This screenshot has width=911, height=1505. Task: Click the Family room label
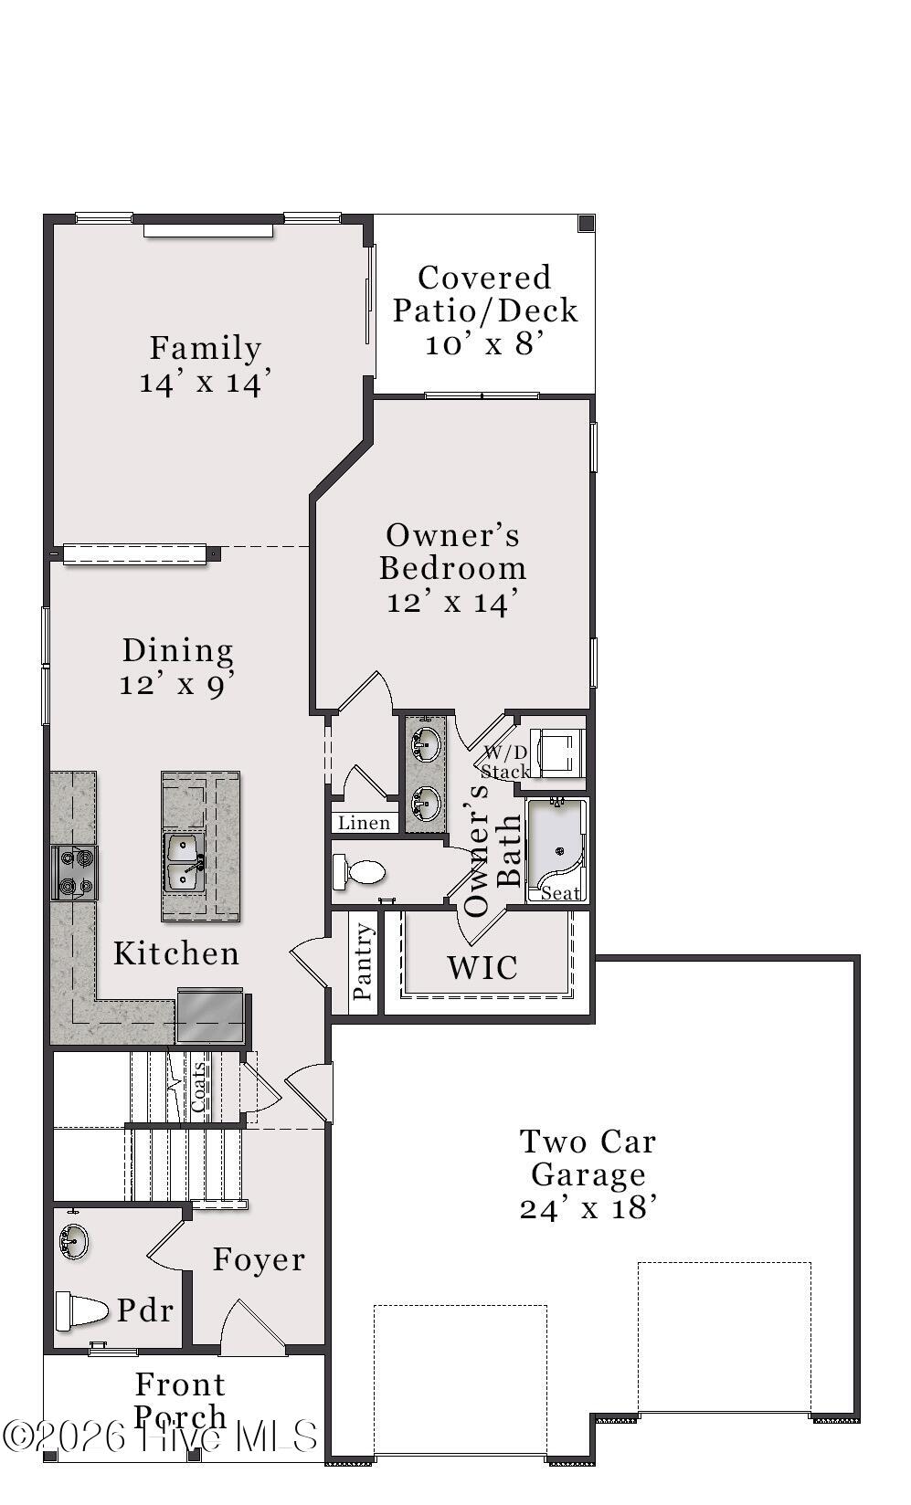[205, 348]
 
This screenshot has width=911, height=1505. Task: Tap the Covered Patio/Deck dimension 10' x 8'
[484, 344]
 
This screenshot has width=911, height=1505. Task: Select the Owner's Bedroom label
[452, 552]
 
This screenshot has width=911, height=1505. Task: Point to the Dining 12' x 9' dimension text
[177, 685]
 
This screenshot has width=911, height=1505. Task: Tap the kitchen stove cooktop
[75, 872]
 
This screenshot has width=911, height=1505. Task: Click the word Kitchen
[176, 953]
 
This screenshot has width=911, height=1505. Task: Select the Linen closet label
[364, 823]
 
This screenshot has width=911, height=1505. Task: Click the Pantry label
[363, 961]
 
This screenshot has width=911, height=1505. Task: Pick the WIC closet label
[482, 967]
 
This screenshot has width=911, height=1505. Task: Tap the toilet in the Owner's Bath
[358, 872]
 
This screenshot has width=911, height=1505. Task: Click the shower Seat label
[560, 893]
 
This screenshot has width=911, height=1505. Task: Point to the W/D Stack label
[505, 763]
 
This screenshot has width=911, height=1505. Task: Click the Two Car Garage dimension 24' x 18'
[588, 1209]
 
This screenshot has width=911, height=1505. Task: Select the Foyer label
[259, 1259]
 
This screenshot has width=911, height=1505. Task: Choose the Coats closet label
[198, 1087]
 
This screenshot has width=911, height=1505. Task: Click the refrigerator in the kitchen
[210, 1016]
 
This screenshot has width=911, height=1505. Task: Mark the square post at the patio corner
[587, 224]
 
